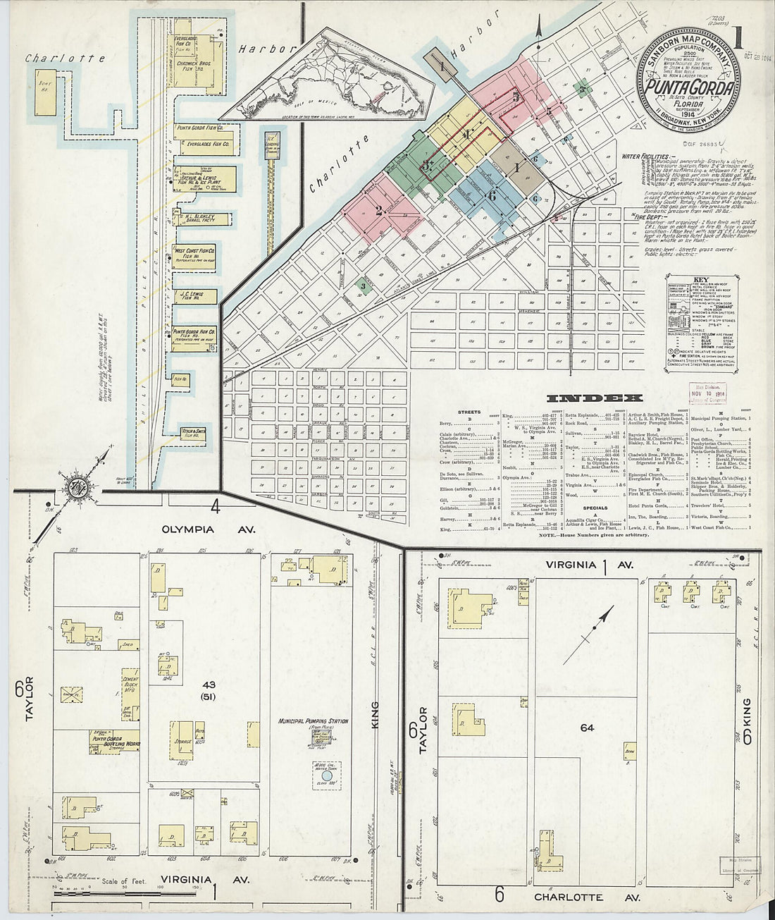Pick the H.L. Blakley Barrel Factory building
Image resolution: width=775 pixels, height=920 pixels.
click(201, 219)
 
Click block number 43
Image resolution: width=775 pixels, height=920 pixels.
click(209, 685)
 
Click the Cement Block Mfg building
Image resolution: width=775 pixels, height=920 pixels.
click(131, 689)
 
